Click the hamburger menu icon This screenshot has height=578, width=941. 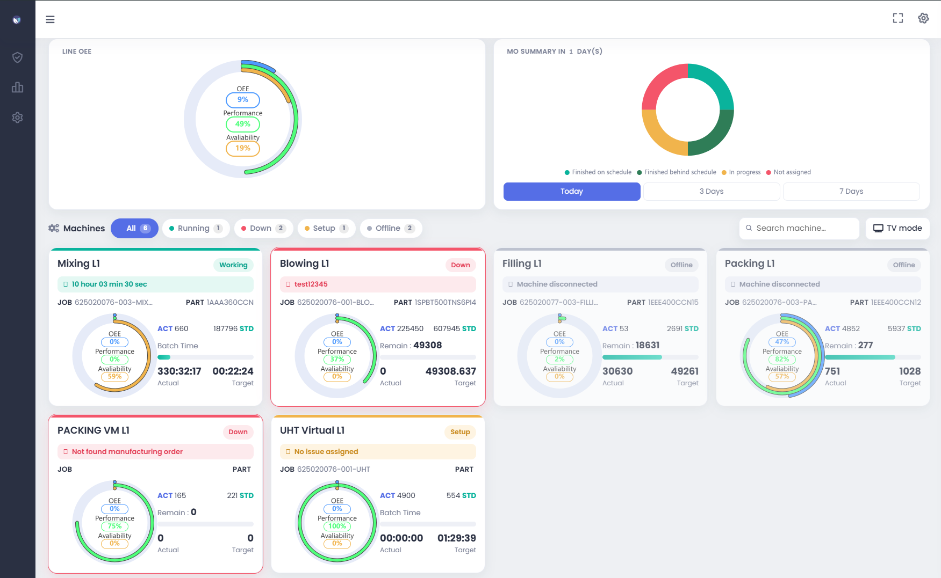pos(50,19)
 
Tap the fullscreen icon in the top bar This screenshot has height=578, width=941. pos(898,18)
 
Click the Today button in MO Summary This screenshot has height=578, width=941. pos(572,192)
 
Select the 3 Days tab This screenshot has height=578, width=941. pos(712,192)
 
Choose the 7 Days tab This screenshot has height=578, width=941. pos(851,192)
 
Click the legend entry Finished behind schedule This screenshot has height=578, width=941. pos(677,172)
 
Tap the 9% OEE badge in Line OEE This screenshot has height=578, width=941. pos(243,100)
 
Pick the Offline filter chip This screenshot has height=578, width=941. pos(391,228)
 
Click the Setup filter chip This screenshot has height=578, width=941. pos(326,228)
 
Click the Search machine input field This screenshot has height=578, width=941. pos(799,228)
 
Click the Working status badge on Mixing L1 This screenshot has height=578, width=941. pos(233,265)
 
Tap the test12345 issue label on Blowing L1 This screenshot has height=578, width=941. pos(311,284)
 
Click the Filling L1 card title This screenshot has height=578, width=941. pos(522,264)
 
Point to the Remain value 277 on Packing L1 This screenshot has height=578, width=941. pos(865,345)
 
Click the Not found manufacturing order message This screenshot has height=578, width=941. pos(127,452)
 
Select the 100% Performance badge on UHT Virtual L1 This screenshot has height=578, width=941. pos(337,526)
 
